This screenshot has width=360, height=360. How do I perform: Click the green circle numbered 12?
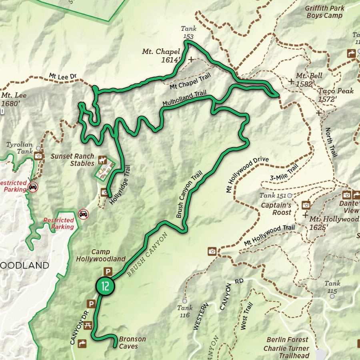[105, 286]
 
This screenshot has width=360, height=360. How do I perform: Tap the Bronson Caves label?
[132, 343]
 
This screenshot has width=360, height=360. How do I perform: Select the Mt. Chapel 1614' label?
[161, 56]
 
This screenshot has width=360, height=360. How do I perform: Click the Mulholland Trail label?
[184, 99]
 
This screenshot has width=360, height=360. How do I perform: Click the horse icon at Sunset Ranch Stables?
[103, 160]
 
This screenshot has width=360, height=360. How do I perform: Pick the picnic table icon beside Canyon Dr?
[88, 325]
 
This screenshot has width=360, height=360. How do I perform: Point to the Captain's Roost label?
[276, 209]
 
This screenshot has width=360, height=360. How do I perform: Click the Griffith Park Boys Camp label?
[324, 12]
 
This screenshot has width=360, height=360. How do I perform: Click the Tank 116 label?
[184, 311]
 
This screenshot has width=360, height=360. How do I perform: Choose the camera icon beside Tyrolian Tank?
[39, 156]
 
